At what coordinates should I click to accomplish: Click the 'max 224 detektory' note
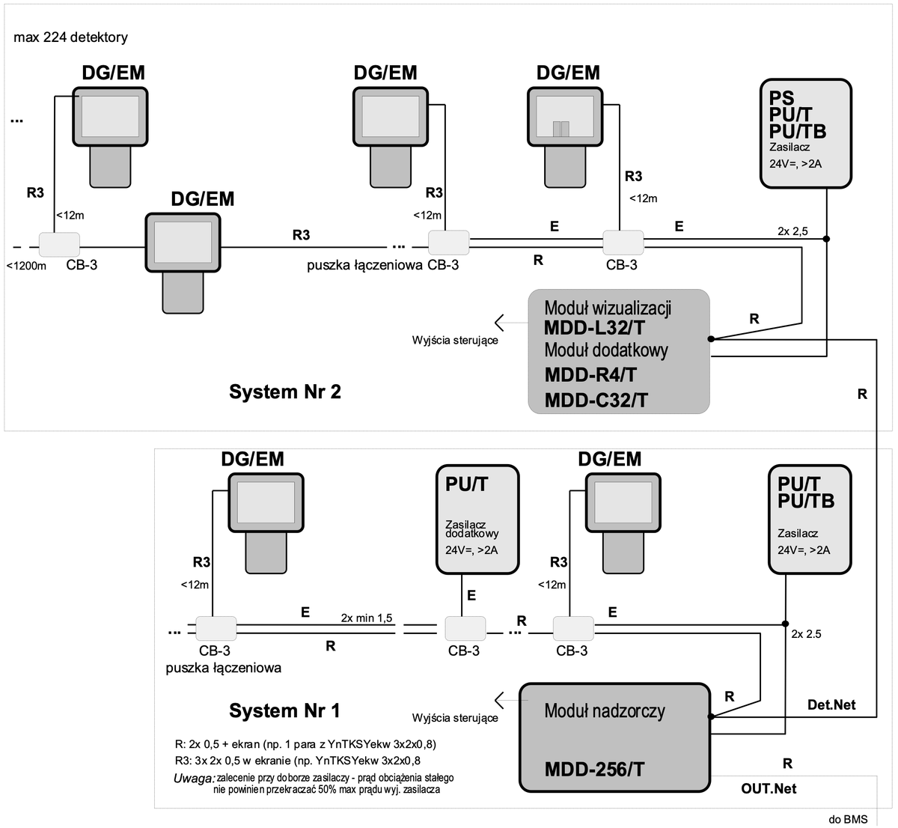[71, 37]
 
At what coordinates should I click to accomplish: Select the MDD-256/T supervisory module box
[614, 737]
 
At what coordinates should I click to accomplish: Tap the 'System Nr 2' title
[285, 392]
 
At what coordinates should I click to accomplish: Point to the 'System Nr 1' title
[285, 710]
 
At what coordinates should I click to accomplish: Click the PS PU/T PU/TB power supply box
[805, 133]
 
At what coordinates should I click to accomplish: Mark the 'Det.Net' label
[831, 705]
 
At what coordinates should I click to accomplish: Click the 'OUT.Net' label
[769, 788]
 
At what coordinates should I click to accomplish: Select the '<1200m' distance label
[26, 266]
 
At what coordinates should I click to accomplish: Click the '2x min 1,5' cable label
[367, 618]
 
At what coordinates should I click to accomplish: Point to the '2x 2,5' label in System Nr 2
[792, 231]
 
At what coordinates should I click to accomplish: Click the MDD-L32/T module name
[595, 328]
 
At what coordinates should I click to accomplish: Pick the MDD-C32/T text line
[596, 400]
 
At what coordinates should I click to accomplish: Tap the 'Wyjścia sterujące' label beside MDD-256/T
[455, 718]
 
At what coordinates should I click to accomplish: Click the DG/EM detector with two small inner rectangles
[568, 116]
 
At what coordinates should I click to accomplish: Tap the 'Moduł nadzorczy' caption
[604, 710]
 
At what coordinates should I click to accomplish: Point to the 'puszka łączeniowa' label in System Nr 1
[224, 668]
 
